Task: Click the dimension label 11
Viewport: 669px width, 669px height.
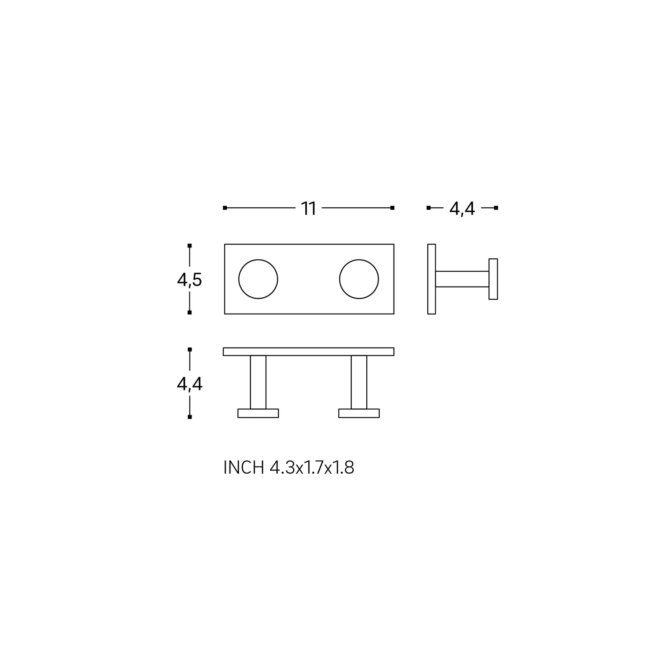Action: pyautogui.click(x=309, y=209)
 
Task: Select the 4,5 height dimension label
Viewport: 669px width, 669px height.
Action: pyautogui.click(x=189, y=280)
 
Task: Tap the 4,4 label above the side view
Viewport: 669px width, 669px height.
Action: pyautogui.click(x=462, y=209)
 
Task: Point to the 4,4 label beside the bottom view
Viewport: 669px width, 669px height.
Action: pyautogui.click(x=189, y=384)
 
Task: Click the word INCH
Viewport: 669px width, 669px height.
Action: pyautogui.click(x=244, y=468)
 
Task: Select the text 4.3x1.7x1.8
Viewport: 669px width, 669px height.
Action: pyautogui.click(x=312, y=468)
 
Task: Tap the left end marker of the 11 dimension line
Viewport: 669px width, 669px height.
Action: pyautogui.click(x=225, y=208)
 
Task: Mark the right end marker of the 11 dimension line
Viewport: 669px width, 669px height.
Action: pyautogui.click(x=392, y=208)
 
